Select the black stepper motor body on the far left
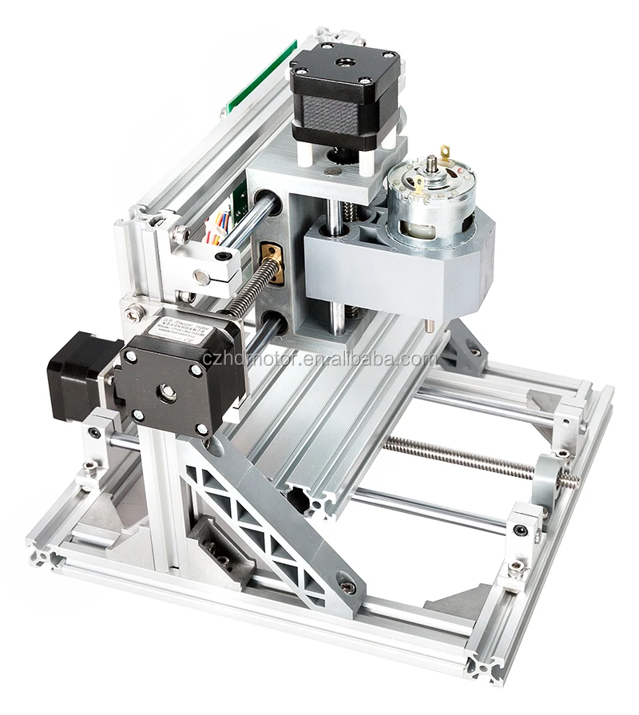click(76, 375)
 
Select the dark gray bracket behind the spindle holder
click(463, 344)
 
